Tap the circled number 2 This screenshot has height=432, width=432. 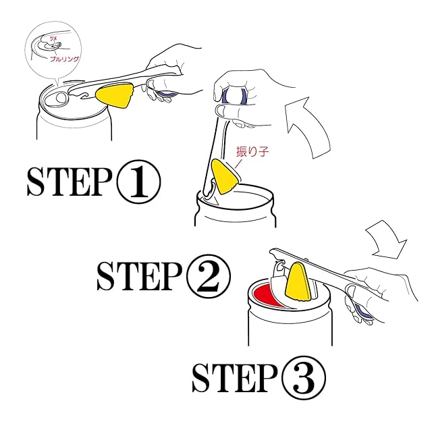click(x=206, y=275)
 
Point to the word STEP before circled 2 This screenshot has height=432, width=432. click(x=138, y=276)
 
